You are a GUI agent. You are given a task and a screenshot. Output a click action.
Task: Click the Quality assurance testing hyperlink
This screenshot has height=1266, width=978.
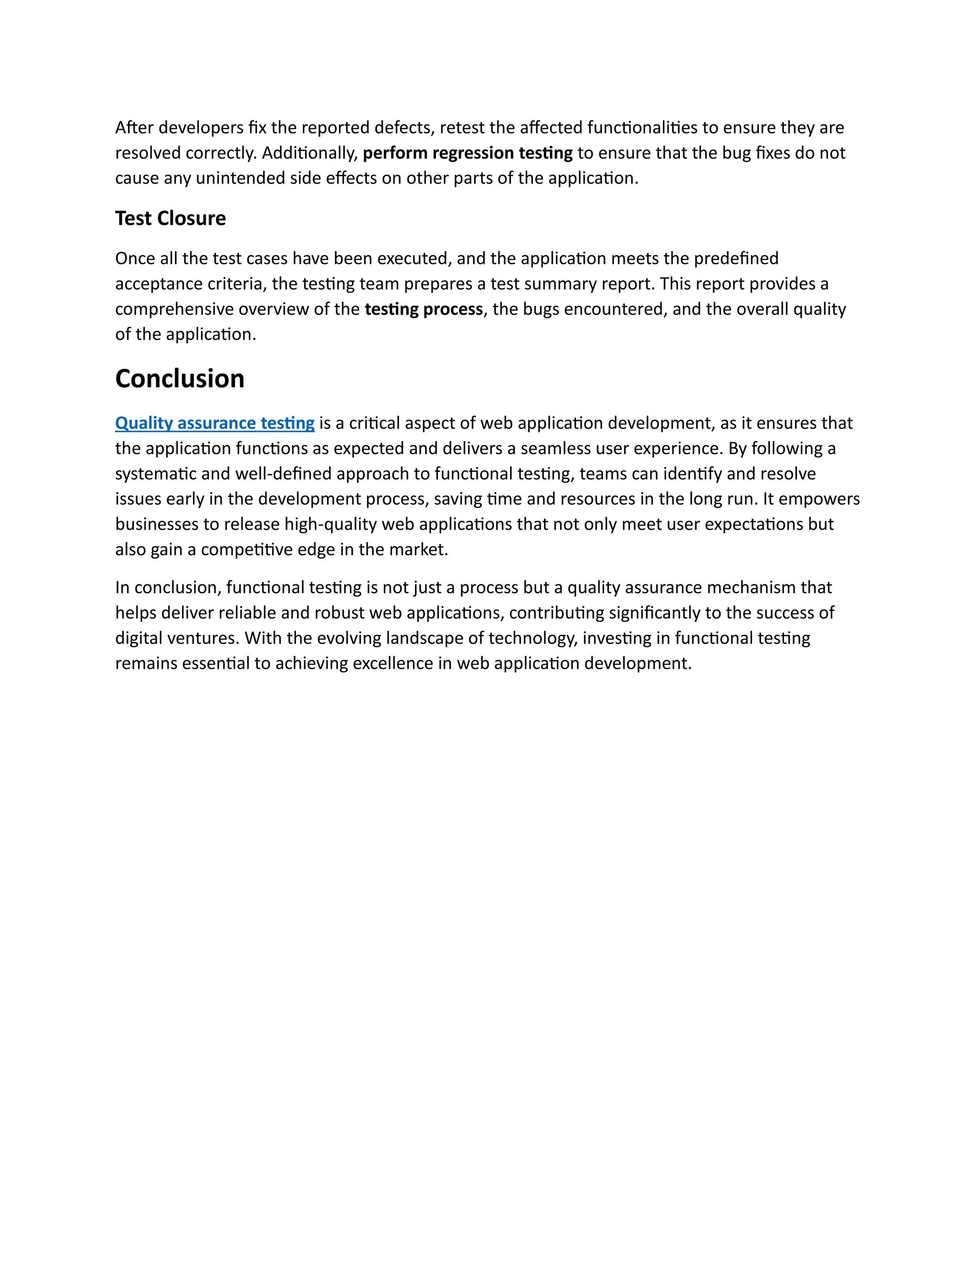pyautogui.click(x=214, y=423)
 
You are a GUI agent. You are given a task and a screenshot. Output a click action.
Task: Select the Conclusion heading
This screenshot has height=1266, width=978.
pyautogui.click(x=180, y=378)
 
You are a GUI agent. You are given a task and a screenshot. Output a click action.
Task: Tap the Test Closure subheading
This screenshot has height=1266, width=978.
pyautogui.click(x=170, y=218)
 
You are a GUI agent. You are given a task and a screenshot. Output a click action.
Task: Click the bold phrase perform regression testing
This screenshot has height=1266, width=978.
pyautogui.click(x=468, y=153)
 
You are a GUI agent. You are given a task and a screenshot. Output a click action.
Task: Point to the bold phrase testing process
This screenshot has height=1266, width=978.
pyautogui.click(x=424, y=310)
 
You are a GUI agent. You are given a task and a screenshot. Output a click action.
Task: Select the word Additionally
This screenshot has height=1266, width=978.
pyautogui.click(x=309, y=153)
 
